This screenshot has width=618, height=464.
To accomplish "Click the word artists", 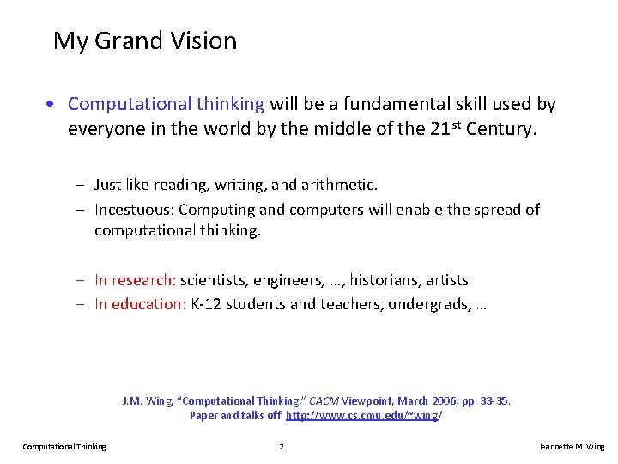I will [x=447, y=279].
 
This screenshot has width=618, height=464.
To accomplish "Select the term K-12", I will [x=207, y=303].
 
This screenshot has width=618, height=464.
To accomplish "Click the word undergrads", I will [x=429, y=303].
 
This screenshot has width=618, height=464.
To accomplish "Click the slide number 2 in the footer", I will [x=282, y=446].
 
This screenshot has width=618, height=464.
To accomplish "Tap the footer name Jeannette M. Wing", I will [x=571, y=446].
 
